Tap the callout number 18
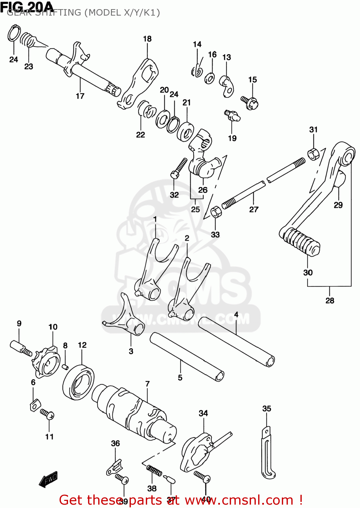click(147, 39)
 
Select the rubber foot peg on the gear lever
click(299, 241)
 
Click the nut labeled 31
click(313, 154)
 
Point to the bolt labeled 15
click(250, 102)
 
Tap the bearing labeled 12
click(78, 382)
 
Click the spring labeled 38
click(154, 470)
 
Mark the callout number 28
click(330, 300)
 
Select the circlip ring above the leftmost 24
click(14, 33)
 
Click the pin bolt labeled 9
click(20, 348)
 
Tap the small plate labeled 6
click(35, 405)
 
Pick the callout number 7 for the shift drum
click(147, 384)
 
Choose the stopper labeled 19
click(232, 115)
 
